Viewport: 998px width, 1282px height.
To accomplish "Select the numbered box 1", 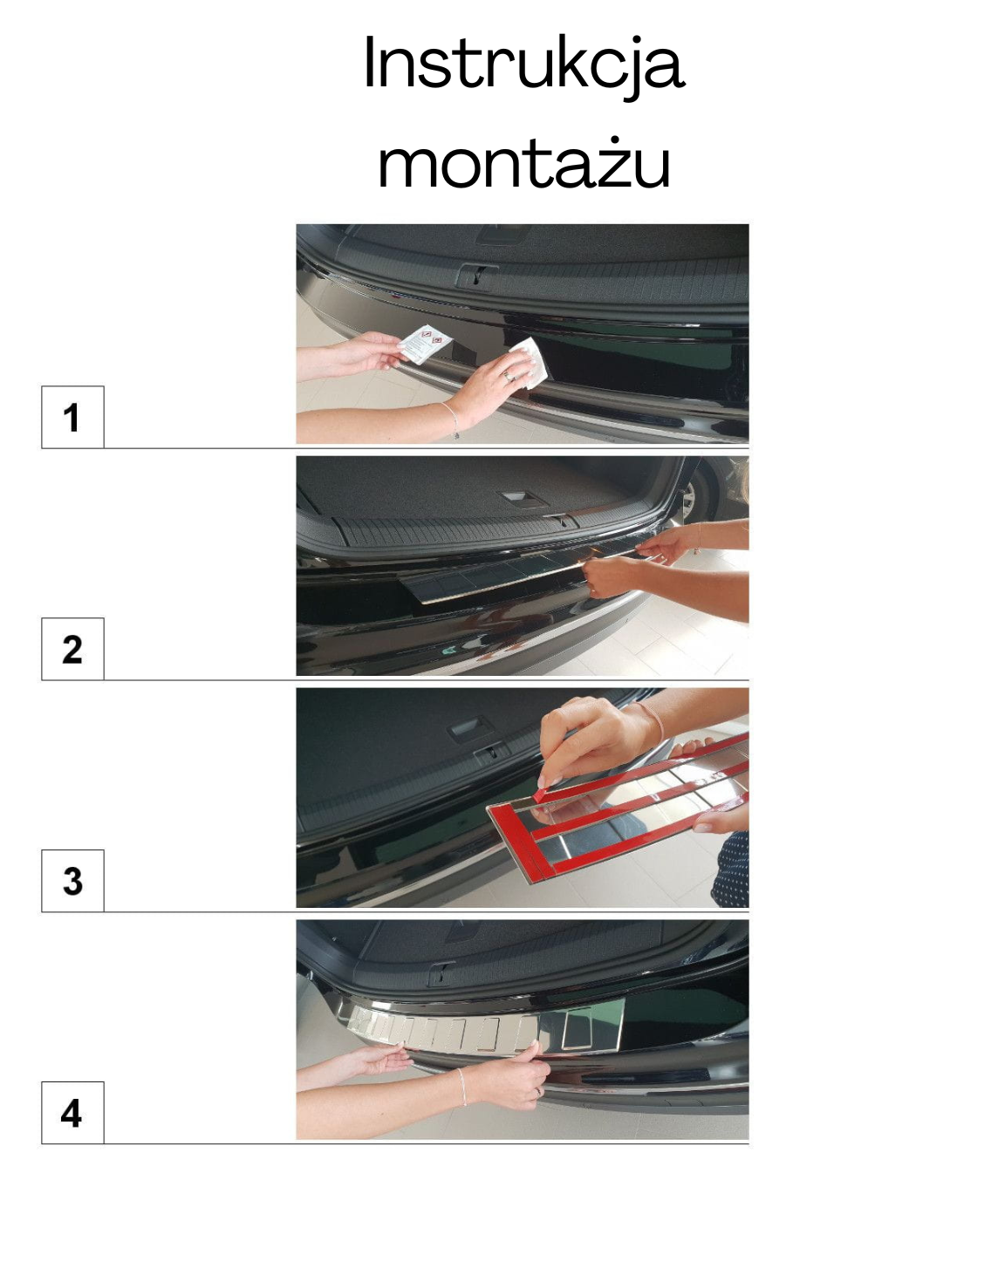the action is coord(72,417).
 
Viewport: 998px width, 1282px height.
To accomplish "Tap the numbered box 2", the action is coord(72,649).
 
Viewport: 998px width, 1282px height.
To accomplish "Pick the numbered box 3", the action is coord(72,881).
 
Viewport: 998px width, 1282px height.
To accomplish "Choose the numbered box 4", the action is coord(72,1113).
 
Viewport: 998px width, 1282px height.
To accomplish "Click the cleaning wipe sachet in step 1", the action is coord(424,343).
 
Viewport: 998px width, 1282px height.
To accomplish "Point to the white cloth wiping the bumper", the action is coord(530,361).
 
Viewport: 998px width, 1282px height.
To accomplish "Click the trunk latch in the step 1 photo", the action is coord(476,275).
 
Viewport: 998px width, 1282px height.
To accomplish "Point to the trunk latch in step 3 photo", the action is coord(491,754).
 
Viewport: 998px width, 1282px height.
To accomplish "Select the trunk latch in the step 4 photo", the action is coord(440,974).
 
